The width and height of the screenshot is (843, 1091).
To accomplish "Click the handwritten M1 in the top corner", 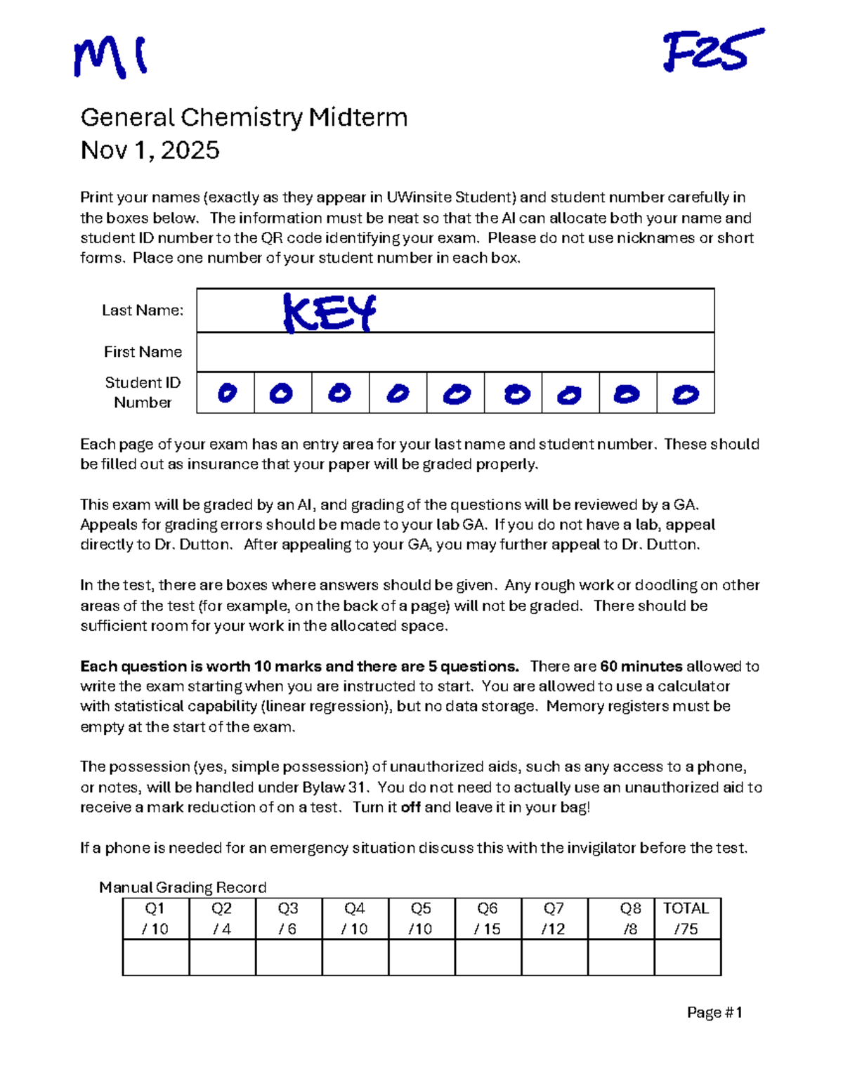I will point(110,57).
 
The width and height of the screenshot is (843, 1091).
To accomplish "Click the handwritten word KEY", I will point(329,313).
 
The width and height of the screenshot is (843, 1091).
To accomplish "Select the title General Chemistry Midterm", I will point(244,117).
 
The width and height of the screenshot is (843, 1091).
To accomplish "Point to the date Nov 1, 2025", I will point(150,150).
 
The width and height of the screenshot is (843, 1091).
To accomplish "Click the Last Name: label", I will point(143,311).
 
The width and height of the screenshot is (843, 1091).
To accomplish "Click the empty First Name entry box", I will point(455,352).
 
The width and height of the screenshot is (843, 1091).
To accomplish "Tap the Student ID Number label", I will point(143,393).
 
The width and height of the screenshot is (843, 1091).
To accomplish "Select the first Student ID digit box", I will point(226,393).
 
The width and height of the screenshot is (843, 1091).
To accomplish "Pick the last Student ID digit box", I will point(686,393).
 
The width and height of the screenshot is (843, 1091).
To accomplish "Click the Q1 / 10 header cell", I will point(155,918).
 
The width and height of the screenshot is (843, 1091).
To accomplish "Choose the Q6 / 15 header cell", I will point(488,918).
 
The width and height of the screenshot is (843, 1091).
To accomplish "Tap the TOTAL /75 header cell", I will point(686,918).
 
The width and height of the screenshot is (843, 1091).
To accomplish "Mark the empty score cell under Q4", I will point(355,957).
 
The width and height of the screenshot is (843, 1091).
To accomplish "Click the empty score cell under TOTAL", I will point(687,957).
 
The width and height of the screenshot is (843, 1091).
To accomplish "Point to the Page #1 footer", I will point(714,1012).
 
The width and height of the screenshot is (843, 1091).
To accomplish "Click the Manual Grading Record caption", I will point(183,887).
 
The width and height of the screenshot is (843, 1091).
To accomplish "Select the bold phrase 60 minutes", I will point(641,666).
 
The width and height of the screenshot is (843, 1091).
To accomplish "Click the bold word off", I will point(410,807).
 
